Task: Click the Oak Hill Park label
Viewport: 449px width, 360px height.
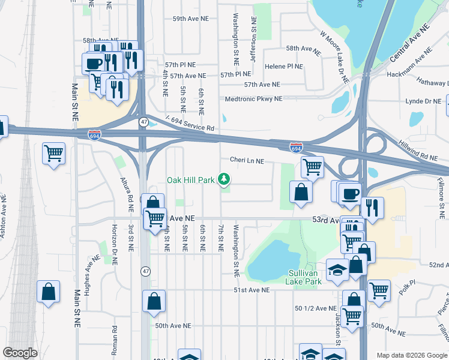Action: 191,179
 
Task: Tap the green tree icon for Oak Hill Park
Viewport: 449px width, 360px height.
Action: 224,179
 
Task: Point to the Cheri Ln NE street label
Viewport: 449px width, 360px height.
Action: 247,160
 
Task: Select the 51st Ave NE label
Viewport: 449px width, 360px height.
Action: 252,290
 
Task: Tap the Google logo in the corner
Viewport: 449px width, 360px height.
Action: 20,353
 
